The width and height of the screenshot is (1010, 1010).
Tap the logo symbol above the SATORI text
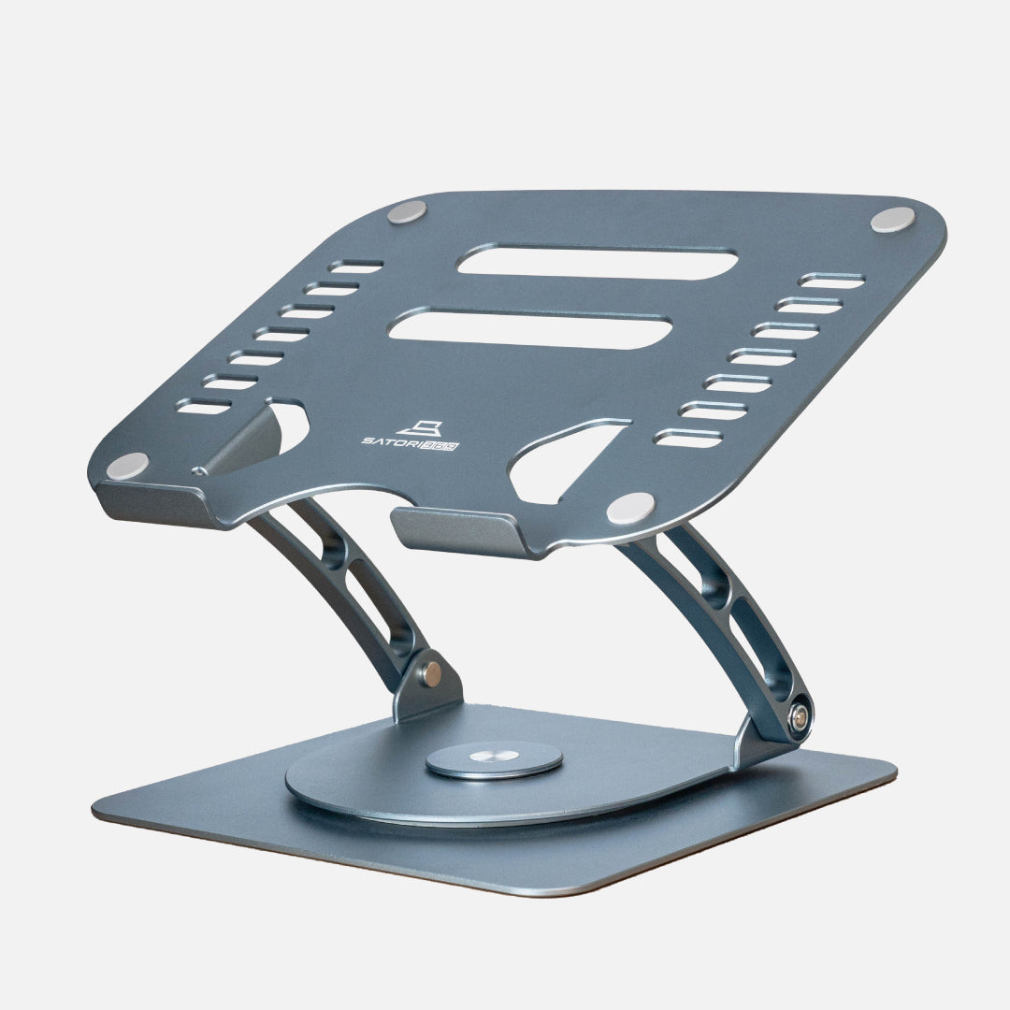[419, 428]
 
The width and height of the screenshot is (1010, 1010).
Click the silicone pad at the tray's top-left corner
[407, 212]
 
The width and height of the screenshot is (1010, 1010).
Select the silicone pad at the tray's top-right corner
[893, 220]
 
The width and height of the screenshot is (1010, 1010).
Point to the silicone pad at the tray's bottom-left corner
[127, 465]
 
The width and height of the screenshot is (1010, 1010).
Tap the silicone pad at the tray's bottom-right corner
[630, 508]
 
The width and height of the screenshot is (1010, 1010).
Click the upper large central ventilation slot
[597, 262]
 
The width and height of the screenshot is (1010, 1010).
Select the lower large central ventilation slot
[530, 329]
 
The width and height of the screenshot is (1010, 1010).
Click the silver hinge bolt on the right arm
[800, 719]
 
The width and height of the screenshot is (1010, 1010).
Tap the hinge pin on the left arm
[431, 673]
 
